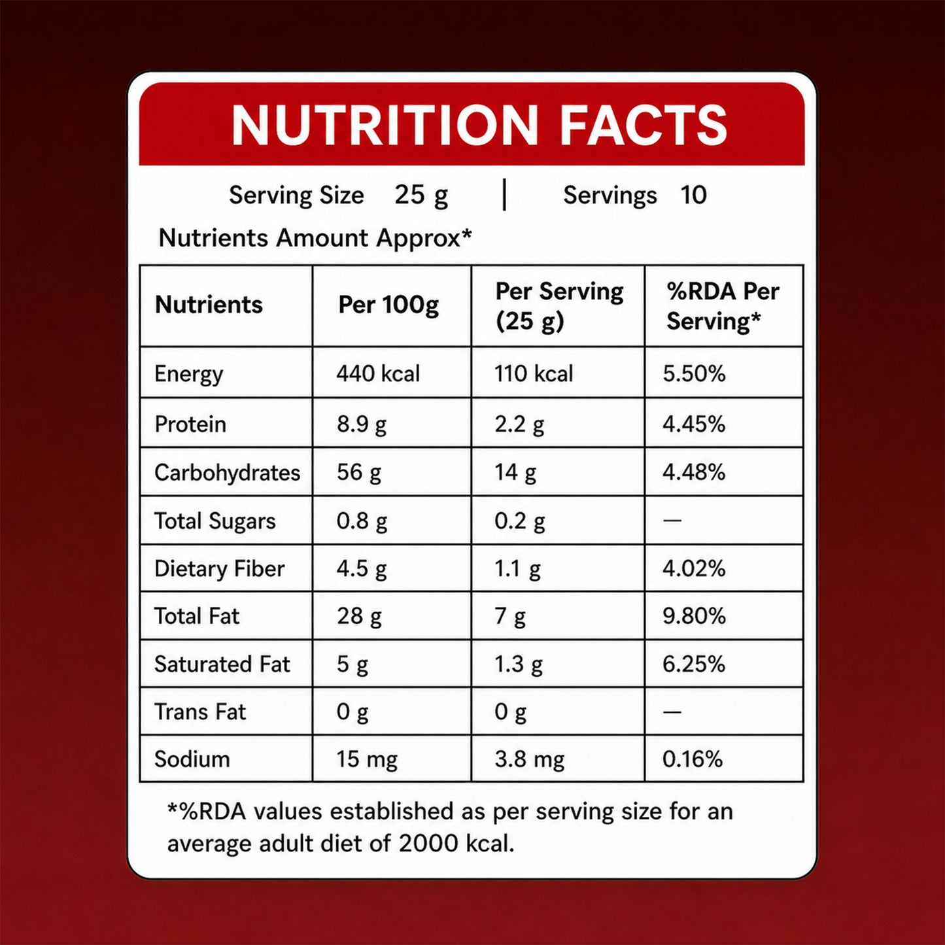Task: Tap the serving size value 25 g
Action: tap(421, 196)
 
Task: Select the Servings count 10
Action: tap(693, 195)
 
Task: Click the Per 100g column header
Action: tap(388, 305)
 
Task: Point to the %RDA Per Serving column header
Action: tap(723, 307)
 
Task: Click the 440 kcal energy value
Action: tap(378, 373)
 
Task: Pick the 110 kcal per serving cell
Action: tap(534, 373)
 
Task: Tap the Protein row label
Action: tap(190, 424)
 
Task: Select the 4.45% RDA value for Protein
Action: tap(693, 424)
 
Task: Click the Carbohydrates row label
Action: tap(227, 473)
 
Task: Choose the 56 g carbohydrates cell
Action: tap(358, 473)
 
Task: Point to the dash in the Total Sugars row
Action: tap(672, 521)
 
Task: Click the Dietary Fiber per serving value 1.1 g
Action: tap(517, 570)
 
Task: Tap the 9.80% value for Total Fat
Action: tap(694, 617)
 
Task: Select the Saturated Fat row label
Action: tap(222, 664)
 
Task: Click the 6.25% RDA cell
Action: tap(693, 664)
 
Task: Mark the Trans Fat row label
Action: tap(200, 712)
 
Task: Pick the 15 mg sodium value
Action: tap(367, 760)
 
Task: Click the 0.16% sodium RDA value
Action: tap(693, 759)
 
